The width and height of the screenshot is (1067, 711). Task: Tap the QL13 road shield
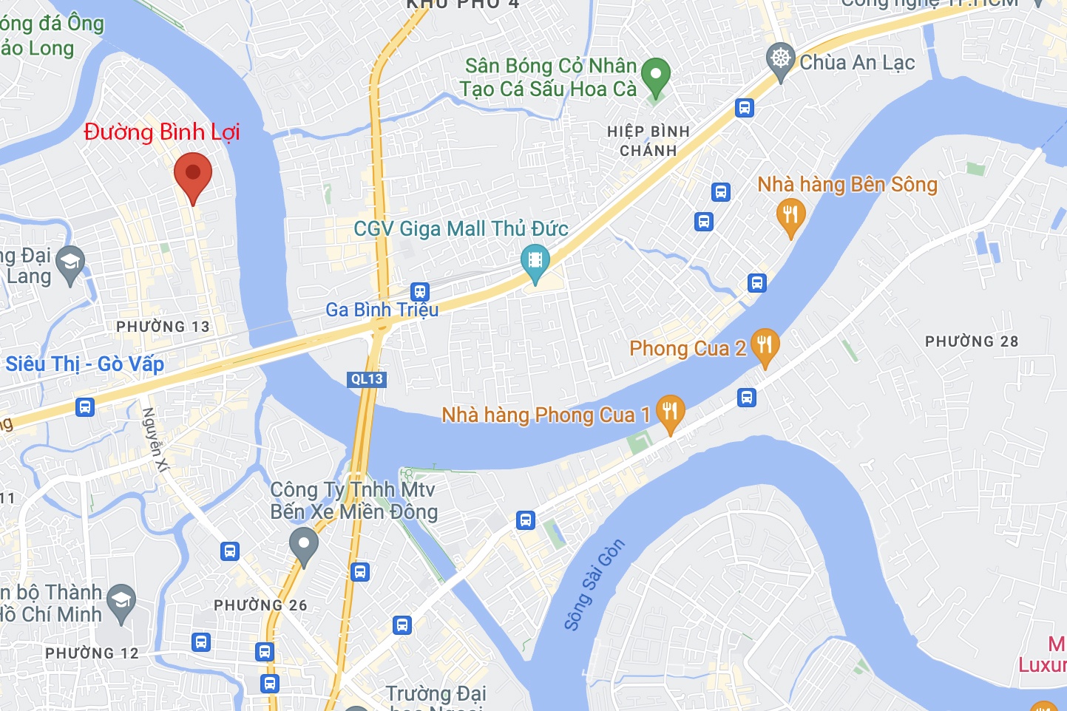(367, 379)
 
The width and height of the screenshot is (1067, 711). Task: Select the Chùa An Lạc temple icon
(780, 58)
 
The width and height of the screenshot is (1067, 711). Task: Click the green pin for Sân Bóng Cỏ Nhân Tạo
(655, 75)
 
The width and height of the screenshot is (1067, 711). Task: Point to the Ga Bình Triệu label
(382, 310)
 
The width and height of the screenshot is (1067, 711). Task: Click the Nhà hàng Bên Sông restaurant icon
(790, 215)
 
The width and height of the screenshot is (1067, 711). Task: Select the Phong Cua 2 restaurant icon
(765, 345)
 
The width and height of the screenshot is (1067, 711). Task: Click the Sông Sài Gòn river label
(594, 585)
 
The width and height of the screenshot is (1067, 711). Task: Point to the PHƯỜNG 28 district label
(972, 341)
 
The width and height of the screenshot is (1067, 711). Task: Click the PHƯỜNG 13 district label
(163, 327)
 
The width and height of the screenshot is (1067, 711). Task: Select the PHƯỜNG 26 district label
(260, 605)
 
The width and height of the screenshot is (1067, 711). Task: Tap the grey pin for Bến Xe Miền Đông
(303, 545)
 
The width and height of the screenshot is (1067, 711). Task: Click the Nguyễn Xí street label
(156, 439)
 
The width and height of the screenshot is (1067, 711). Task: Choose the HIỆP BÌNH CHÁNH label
(648, 140)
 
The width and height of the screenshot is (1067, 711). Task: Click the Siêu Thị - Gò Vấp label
(85, 364)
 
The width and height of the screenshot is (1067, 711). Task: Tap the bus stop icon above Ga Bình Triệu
(420, 291)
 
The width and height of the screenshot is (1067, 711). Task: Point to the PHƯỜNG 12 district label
(92, 653)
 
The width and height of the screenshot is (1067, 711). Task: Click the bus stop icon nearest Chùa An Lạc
(745, 108)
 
